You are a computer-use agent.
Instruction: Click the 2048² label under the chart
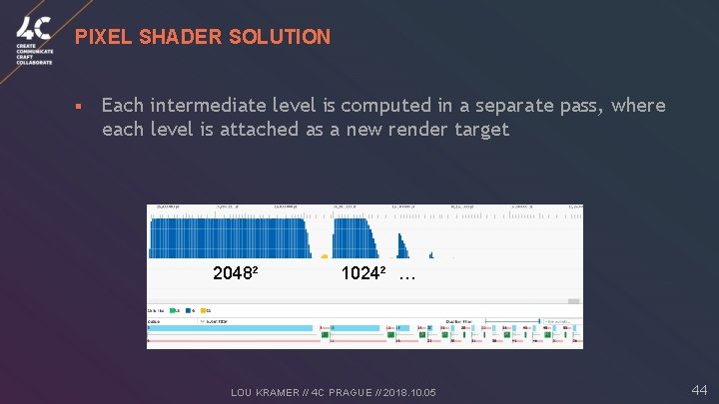click(236, 272)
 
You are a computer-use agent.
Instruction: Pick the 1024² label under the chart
click(363, 272)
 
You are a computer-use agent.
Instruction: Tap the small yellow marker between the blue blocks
click(325, 256)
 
